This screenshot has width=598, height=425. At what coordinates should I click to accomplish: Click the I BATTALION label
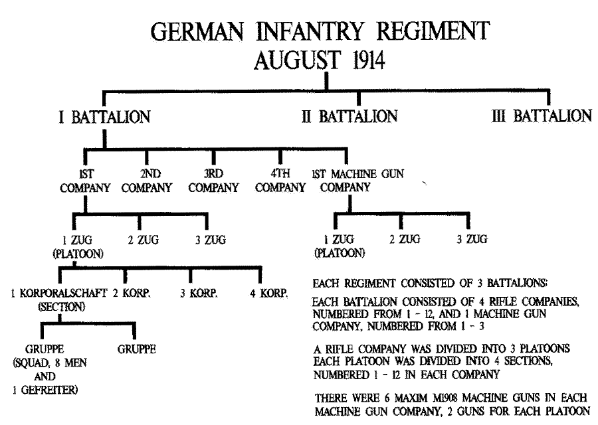pos(104,117)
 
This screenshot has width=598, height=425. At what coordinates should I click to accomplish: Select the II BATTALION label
pos(349,116)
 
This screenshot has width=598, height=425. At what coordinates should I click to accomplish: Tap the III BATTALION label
pos(542,116)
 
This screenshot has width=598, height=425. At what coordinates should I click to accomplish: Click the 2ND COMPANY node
pos(147,181)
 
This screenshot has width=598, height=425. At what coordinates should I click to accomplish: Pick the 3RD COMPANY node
pos(213,181)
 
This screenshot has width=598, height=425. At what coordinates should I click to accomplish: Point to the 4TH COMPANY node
pos(280,180)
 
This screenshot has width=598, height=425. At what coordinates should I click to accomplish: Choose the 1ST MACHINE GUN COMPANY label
pos(357,180)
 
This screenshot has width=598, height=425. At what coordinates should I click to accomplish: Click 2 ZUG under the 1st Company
pos(144,240)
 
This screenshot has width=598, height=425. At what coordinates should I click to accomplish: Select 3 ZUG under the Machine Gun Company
pos(472,239)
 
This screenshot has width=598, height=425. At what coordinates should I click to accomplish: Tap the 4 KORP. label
pos(269,293)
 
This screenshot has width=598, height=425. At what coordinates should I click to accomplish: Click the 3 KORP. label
pos(199,293)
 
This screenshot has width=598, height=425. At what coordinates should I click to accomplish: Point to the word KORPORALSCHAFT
pos(63,293)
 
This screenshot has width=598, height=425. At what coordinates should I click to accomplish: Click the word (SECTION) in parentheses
pos(61,307)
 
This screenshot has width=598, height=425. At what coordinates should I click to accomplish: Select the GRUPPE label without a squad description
pos(136,349)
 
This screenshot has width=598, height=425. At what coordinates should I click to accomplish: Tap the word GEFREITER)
pos(49,390)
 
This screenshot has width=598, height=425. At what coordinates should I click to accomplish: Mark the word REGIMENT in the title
pos(433,31)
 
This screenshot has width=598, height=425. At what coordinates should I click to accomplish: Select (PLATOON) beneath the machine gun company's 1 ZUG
pos(340,253)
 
